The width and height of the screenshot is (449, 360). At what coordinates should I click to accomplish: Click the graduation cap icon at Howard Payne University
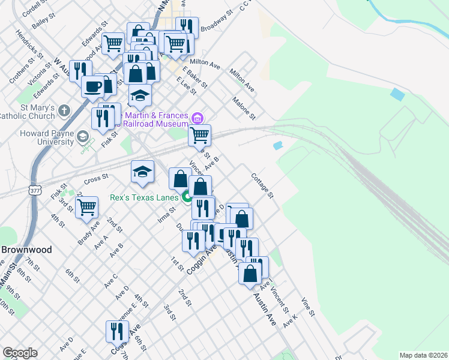pos(82,138)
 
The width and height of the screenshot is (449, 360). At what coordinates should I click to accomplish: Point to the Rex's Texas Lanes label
pos(144,197)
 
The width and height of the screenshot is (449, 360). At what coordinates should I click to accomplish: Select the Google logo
pos(20,353)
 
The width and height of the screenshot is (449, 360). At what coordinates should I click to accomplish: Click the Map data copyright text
pos(423,355)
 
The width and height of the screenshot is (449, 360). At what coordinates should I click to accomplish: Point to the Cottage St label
pos(262,186)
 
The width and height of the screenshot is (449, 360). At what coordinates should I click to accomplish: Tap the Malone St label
pos(244,108)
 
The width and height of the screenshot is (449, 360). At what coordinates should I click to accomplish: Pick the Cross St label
pos(96,178)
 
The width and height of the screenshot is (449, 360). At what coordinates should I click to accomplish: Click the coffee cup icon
pos(93,86)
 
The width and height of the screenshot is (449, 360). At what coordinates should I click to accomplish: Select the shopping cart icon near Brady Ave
pos(88,208)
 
